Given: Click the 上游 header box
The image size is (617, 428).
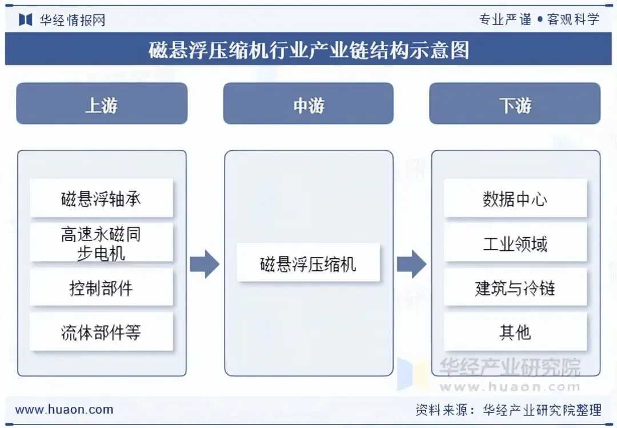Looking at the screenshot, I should pyautogui.click(x=102, y=103).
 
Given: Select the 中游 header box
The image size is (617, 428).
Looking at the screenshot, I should pyautogui.click(x=308, y=103).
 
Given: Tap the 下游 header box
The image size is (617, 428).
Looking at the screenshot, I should pyautogui.click(x=515, y=103).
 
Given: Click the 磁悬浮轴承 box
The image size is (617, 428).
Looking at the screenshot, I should pyautogui.click(x=101, y=198).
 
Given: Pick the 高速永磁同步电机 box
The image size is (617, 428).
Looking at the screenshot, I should pyautogui.click(x=101, y=243).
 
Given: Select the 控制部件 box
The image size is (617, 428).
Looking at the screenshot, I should pyautogui.click(x=101, y=287).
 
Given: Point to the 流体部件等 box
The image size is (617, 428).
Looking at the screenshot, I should pyautogui.click(x=101, y=332).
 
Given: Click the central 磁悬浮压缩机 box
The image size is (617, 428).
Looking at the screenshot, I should pyautogui.click(x=308, y=263).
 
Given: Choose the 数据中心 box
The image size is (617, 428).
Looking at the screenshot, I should pyautogui.click(x=515, y=198).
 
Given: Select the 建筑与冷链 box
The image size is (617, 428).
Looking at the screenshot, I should pyautogui.click(x=515, y=287).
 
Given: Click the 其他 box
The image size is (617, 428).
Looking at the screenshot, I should pyautogui.click(x=515, y=332).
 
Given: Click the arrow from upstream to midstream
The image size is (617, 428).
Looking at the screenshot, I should pyautogui.click(x=205, y=263).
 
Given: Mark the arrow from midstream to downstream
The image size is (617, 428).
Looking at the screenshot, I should pyautogui.click(x=411, y=263).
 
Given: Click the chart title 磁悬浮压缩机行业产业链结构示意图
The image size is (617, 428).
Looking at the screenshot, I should pyautogui.click(x=308, y=50).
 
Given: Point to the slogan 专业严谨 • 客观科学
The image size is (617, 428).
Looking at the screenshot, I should pyautogui.click(x=539, y=19).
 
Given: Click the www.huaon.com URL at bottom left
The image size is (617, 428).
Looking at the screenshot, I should pyautogui.click(x=64, y=409).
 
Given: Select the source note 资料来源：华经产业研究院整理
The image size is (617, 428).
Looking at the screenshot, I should pyautogui.click(x=508, y=409).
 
